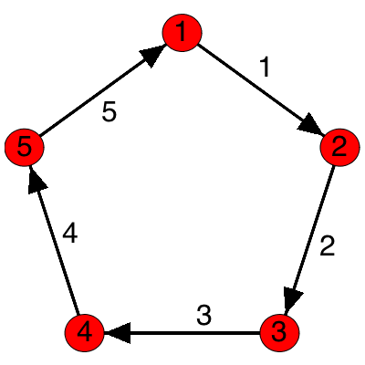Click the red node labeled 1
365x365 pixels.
pos(182,33)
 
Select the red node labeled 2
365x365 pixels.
pos(339,147)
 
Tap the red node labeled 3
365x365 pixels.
pos(279,333)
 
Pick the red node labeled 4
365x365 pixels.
pos(84,333)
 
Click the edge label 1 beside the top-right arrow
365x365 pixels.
pos(266,66)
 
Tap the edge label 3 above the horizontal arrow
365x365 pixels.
pos(203,316)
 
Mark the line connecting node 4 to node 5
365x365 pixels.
pos(57,246)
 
